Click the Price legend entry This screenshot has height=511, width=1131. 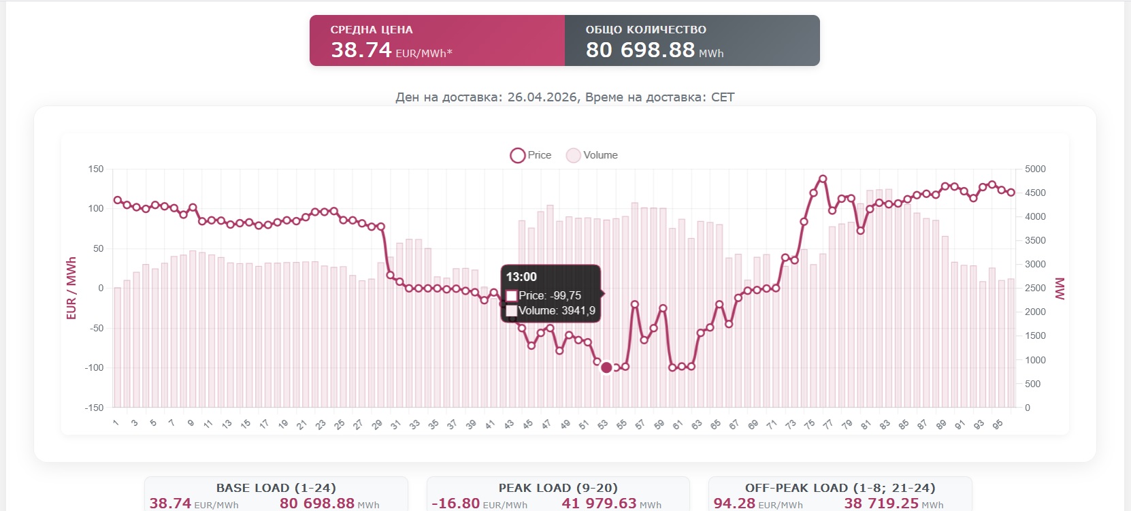coord(531,155)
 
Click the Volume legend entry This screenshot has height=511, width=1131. coord(592,155)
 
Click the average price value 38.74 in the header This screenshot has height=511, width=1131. coord(361,50)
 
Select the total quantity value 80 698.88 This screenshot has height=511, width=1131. coord(640,50)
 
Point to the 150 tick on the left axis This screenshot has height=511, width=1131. coord(96,169)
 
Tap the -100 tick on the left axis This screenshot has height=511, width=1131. coord(95,367)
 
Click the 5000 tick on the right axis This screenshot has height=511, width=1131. coord(1035,169)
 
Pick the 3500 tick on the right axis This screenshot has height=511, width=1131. coord(1035,240)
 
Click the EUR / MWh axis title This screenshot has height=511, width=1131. coord(71,288)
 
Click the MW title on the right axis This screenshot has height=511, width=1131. coord(1059,288)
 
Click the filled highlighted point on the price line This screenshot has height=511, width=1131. coord(606,367)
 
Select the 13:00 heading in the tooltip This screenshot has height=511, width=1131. coord(521,277)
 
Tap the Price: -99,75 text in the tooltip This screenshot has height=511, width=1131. coord(550,295)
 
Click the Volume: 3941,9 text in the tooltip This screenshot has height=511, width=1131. coord(557,310)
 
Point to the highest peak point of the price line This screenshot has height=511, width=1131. coord(823,179)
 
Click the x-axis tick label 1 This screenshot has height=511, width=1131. coord(116,423)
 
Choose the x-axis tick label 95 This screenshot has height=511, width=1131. coord(997,425)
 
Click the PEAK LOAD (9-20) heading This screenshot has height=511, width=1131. coord(558,488)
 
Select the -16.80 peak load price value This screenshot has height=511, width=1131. coord(456,503)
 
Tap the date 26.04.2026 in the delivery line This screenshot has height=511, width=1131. coord(542,97)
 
